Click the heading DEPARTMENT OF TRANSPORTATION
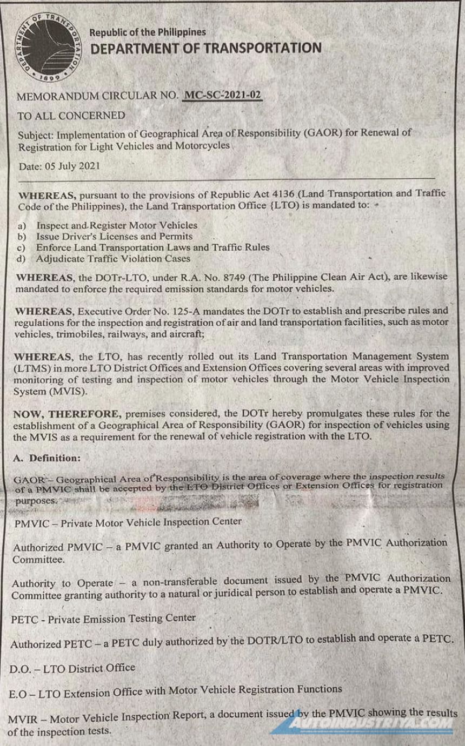click(x=205, y=49)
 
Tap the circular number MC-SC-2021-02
click(x=223, y=96)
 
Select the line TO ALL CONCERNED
click(x=71, y=116)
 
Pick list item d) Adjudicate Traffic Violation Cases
click(x=104, y=258)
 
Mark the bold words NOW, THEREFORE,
click(x=68, y=414)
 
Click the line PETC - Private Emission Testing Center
click(x=103, y=617)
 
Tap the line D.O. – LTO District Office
click(x=72, y=668)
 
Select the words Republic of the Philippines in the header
click(x=148, y=33)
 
